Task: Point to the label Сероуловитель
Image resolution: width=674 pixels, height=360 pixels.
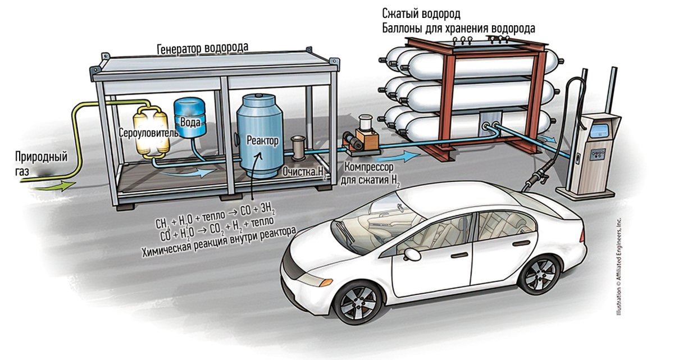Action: [x=149, y=133]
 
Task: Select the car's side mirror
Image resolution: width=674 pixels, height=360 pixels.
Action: [x=413, y=253]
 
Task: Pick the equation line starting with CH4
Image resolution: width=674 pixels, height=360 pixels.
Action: [x=216, y=218]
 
